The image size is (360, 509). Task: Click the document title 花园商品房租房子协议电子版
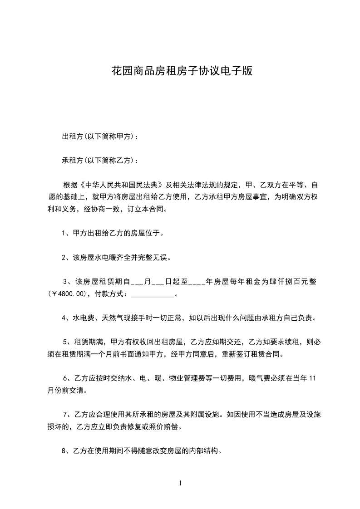click(182, 71)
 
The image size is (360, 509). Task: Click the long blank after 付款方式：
click(152, 294)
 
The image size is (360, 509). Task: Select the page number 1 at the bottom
click(180, 483)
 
